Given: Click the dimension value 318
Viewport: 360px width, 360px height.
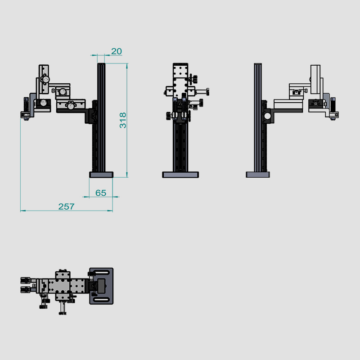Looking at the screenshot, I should (x=123, y=120).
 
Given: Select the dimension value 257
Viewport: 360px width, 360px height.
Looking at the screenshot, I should (x=66, y=207).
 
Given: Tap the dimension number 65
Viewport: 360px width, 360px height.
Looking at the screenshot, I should (x=101, y=193).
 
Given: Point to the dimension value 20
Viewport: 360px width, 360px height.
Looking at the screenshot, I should (x=116, y=51).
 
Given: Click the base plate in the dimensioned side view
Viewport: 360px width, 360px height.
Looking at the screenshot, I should (x=101, y=175).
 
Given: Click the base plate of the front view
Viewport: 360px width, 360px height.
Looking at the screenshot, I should (x=180, y=175).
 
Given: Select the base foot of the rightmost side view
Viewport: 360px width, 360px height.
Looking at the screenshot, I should (x=257, y=175).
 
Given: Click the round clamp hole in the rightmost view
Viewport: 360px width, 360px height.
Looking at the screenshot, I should (x=266, y=117).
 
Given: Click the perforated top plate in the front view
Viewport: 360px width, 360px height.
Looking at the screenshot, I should (x=181, y=74).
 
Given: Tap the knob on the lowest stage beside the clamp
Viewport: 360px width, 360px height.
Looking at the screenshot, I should (x=70, y=106).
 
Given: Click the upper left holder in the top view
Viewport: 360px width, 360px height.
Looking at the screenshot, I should (x=26, y=280).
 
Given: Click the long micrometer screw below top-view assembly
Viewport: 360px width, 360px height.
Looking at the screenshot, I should (x=62, y=307).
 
